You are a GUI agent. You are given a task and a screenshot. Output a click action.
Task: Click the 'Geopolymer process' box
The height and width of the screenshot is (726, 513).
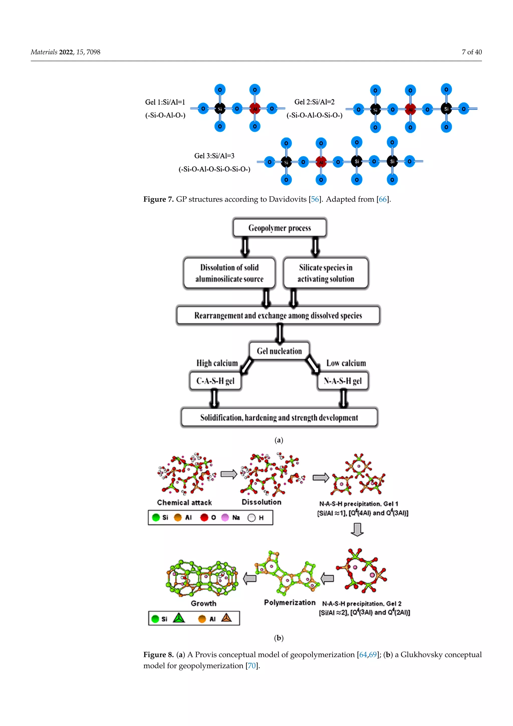pos(280,228)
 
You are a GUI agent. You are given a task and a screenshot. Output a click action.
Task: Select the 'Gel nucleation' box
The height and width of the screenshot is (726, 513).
pos(279,351)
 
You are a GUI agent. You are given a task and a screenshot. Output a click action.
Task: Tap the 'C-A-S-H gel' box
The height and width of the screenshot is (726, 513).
pos(215,381)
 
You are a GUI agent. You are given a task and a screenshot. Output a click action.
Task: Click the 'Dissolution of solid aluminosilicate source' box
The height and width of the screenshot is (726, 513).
pos(229,273)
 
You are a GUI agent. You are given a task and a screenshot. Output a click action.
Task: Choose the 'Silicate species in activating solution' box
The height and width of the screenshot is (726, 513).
pos(326,273)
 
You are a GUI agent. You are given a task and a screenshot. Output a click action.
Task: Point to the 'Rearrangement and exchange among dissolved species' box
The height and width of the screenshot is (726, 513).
pos(278,315)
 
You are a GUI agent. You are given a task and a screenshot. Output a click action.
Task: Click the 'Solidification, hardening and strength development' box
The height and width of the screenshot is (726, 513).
pos(279,417)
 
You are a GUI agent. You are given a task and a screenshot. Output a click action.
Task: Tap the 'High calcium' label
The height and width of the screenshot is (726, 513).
pos(217,363)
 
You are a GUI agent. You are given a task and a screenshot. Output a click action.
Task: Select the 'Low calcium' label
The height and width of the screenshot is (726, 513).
pos(346,363)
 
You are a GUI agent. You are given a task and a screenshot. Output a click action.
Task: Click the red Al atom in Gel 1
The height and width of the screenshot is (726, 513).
pos(255,109)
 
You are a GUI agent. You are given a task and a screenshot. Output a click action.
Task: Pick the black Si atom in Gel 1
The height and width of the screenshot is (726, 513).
pos(220,109)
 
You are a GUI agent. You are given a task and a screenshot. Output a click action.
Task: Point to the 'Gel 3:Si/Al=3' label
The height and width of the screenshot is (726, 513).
pos(214,156)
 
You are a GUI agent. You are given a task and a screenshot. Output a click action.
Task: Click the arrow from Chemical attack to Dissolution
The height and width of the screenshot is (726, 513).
pos(229,474)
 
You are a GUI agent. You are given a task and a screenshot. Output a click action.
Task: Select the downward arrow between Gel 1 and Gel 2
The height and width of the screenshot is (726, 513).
pos(357,529)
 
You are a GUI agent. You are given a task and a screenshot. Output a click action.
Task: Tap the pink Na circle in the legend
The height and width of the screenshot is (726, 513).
pos(225,518)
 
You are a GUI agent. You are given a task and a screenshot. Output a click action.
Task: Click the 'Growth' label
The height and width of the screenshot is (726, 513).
pos(203,603)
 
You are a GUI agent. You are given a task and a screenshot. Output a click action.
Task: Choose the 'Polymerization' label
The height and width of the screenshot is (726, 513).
pos(290,603)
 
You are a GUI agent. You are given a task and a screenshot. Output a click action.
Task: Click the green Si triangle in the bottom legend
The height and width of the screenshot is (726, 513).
pos(179,618)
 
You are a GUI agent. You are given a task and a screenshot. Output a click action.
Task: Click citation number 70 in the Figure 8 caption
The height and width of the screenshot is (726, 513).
pos(251,666)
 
